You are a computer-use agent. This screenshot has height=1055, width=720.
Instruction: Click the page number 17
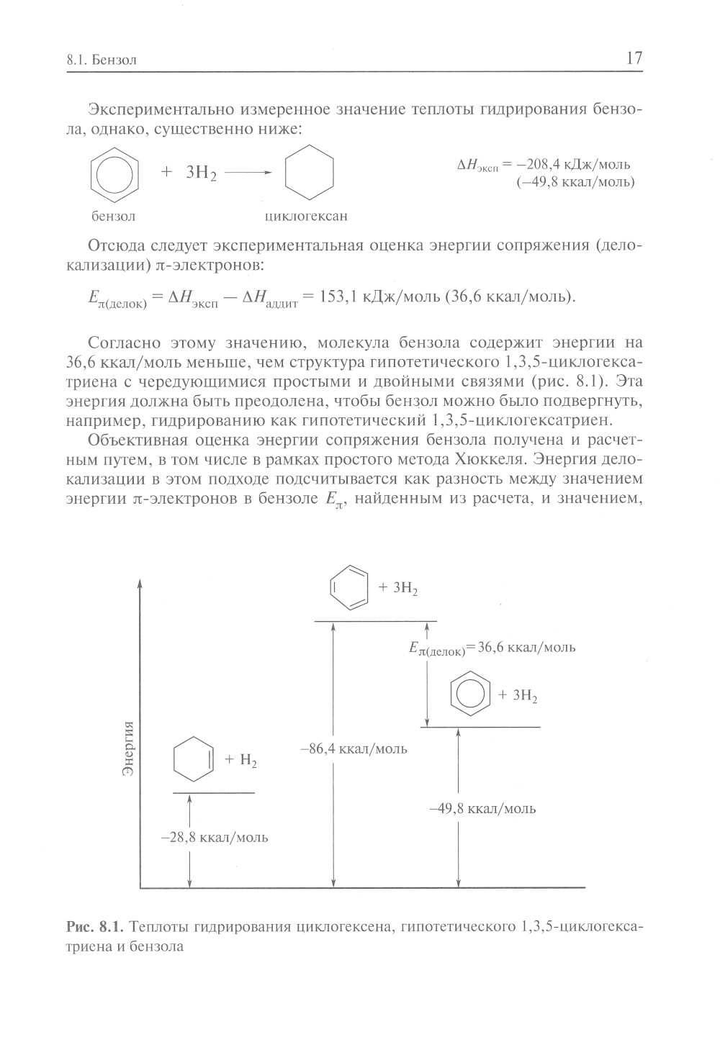(634, 59)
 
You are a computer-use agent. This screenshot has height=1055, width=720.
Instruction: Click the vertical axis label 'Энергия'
(129, 748)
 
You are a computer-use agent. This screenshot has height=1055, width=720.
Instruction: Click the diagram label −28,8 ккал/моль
(215, 838)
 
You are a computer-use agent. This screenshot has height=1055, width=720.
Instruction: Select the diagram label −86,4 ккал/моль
(354, 749)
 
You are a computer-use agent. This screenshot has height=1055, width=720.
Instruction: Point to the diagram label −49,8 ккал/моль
(482, 808)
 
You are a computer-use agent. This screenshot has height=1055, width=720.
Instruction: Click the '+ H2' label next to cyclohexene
(240, 760)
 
